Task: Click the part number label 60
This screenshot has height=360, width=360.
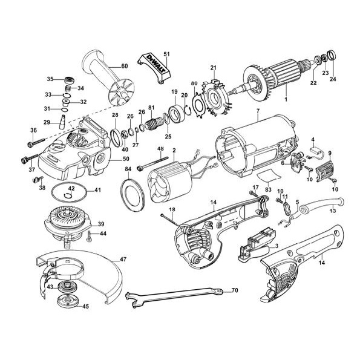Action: (x=124, y=67)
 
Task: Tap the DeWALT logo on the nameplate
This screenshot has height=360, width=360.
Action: (x=154, y=62)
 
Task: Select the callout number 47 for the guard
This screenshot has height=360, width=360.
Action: (x=123, y=259)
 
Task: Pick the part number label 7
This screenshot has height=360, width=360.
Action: (x=258, y=111)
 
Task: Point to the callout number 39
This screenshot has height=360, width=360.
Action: (x=101, y=224)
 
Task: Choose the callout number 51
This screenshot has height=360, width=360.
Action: (x=166, y=54)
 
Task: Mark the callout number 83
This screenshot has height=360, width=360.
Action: (x=268, y=190)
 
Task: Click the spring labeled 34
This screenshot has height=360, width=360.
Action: (x=68, y=88)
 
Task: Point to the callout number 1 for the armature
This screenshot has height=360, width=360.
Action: (x=286, y=99)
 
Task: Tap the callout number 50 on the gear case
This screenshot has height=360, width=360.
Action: (x=126, y=159)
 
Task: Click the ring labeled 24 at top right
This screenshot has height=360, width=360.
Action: (x=332, y=55)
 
